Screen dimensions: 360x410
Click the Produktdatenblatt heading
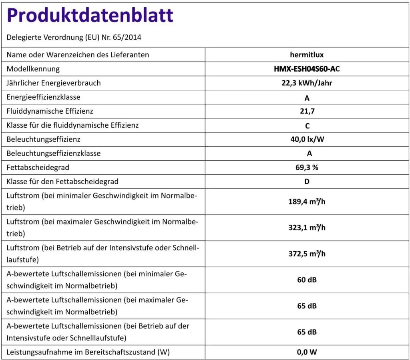(90, 16)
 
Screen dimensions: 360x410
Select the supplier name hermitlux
(307, 55)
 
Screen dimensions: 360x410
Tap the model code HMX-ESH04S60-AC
(307, 69)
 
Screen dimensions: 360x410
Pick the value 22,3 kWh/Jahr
(307, 83)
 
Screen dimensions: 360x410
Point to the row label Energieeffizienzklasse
(44, 97)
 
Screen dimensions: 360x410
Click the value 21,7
(307, 111)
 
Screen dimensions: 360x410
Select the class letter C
(307, 126)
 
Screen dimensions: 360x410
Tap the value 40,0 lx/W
(307, 140)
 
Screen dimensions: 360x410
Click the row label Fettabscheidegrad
(41, 167)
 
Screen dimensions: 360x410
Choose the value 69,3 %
(307, 168)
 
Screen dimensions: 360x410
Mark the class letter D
(307, 182)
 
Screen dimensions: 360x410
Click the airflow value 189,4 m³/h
(307, 201)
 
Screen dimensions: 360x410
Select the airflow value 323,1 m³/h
(307, 227)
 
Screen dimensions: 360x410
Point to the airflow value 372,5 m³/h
(307, 253)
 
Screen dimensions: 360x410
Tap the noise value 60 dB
(307, 280)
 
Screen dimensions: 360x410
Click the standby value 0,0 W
(307, 352)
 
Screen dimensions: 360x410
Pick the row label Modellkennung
(33, 69)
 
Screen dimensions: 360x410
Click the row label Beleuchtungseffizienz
(44, 139)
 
